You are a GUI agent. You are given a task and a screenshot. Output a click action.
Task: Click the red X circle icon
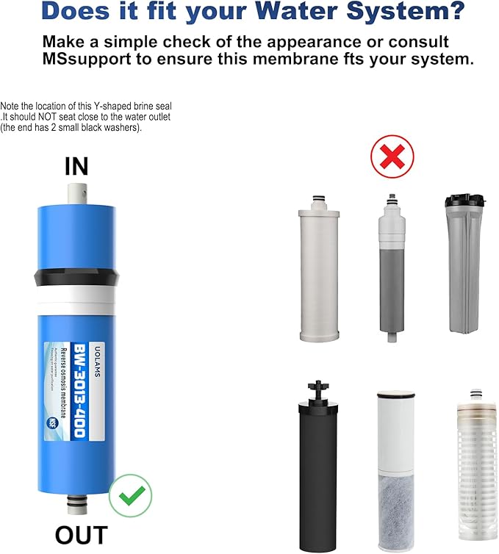click(x=392, y=156)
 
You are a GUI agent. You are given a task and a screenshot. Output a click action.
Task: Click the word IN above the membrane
click(x=76, y=166)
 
